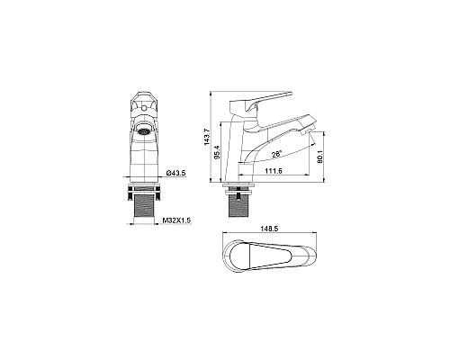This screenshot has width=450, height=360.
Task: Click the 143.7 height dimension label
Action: point(207,137)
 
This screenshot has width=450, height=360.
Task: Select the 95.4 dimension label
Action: point(218,151)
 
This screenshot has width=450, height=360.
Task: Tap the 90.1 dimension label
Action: point(319,157)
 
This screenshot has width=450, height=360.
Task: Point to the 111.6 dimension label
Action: point(274,171)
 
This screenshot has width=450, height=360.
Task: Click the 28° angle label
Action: point(276,155)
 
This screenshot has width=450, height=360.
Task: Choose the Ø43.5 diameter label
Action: point(176,173)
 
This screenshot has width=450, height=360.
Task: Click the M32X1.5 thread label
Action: point(176,220)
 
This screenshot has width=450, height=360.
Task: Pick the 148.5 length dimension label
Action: point(270,229)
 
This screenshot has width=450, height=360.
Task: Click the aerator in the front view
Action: point(143,131)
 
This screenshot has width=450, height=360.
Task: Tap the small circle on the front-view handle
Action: point(144,106)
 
